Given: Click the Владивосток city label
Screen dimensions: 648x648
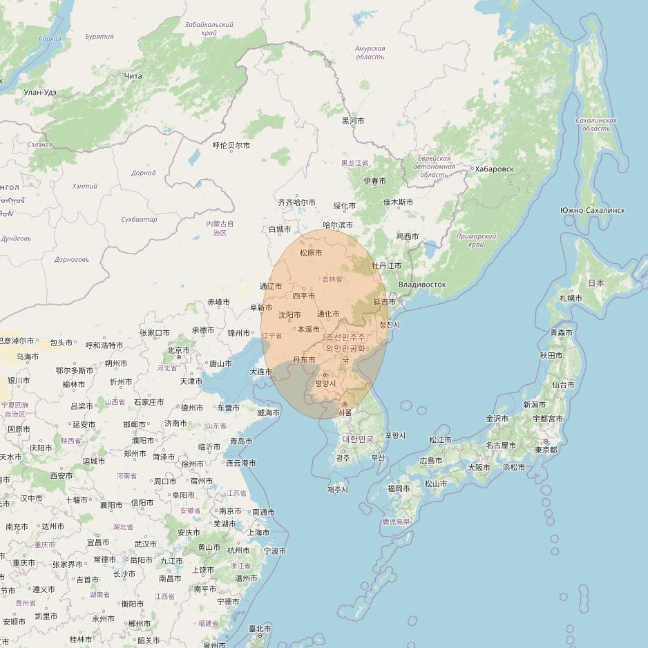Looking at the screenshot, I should (422, 285).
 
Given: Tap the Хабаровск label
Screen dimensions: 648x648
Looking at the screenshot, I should (494, 169).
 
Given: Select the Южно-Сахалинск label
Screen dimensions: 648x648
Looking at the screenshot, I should (593, 210).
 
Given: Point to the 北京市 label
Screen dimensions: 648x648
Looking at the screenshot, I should (178, 350).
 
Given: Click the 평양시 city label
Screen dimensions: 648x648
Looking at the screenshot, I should (325, 383).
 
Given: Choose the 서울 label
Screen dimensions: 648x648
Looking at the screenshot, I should (345, 412).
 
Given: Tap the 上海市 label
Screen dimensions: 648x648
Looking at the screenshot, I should (258, 533).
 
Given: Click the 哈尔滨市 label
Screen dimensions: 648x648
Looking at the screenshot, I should (338, 225).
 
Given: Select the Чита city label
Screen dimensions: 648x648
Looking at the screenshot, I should (133, 76).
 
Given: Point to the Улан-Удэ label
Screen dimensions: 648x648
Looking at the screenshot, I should (40, 92).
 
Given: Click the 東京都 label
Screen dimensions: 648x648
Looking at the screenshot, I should (546, 450).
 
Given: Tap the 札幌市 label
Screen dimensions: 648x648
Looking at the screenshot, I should (571, 298).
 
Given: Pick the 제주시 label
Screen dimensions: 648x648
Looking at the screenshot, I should (338, 490).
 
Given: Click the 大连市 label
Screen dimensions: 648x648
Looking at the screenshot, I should (261, 372).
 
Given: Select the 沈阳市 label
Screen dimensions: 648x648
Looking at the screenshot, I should (289, 315).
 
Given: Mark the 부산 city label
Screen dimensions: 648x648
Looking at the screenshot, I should (378, 457).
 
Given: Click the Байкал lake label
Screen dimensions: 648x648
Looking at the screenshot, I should (50, 39).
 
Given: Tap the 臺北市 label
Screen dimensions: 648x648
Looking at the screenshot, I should (260, 629).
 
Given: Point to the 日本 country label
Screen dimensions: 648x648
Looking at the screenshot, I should (595, 283).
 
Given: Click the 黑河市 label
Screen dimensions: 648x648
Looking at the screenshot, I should (353, 121).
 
